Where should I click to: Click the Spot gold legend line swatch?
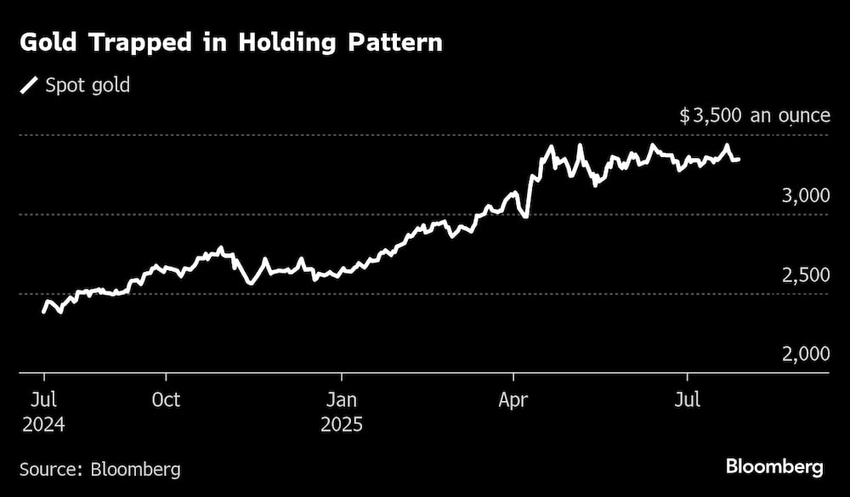point(29,85)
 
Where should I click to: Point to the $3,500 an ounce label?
point(755,116)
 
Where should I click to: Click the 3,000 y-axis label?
point(804,196)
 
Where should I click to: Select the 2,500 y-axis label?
point(804,276)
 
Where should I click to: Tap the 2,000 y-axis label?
point(804,355)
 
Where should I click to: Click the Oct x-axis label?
point(167,399)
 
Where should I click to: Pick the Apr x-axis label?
point(514,399)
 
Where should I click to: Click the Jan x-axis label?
point(342,399)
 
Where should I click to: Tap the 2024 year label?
point(44,423)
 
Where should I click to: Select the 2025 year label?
point(342,423)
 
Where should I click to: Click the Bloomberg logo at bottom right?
point(774,466)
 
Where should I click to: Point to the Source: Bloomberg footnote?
point(100,468)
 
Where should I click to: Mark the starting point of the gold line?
point(44,312)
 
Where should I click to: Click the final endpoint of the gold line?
point(738,159)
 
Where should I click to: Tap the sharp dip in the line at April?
point(526,217)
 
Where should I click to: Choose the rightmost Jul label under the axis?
point(687,399)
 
